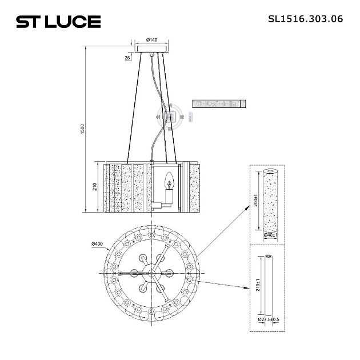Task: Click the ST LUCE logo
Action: coord(58,22)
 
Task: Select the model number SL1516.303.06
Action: coord(305,18)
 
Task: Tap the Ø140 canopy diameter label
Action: coord(151,39)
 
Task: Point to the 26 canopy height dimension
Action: coord(127,58)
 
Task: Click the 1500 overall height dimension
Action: coord(83,130)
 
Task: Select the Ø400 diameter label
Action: coord(97,245)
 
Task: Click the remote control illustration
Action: coord(219,103)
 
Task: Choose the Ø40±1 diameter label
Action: coord(270,235)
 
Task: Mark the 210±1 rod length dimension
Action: coord(258,286)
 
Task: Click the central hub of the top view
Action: coord(152,273)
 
